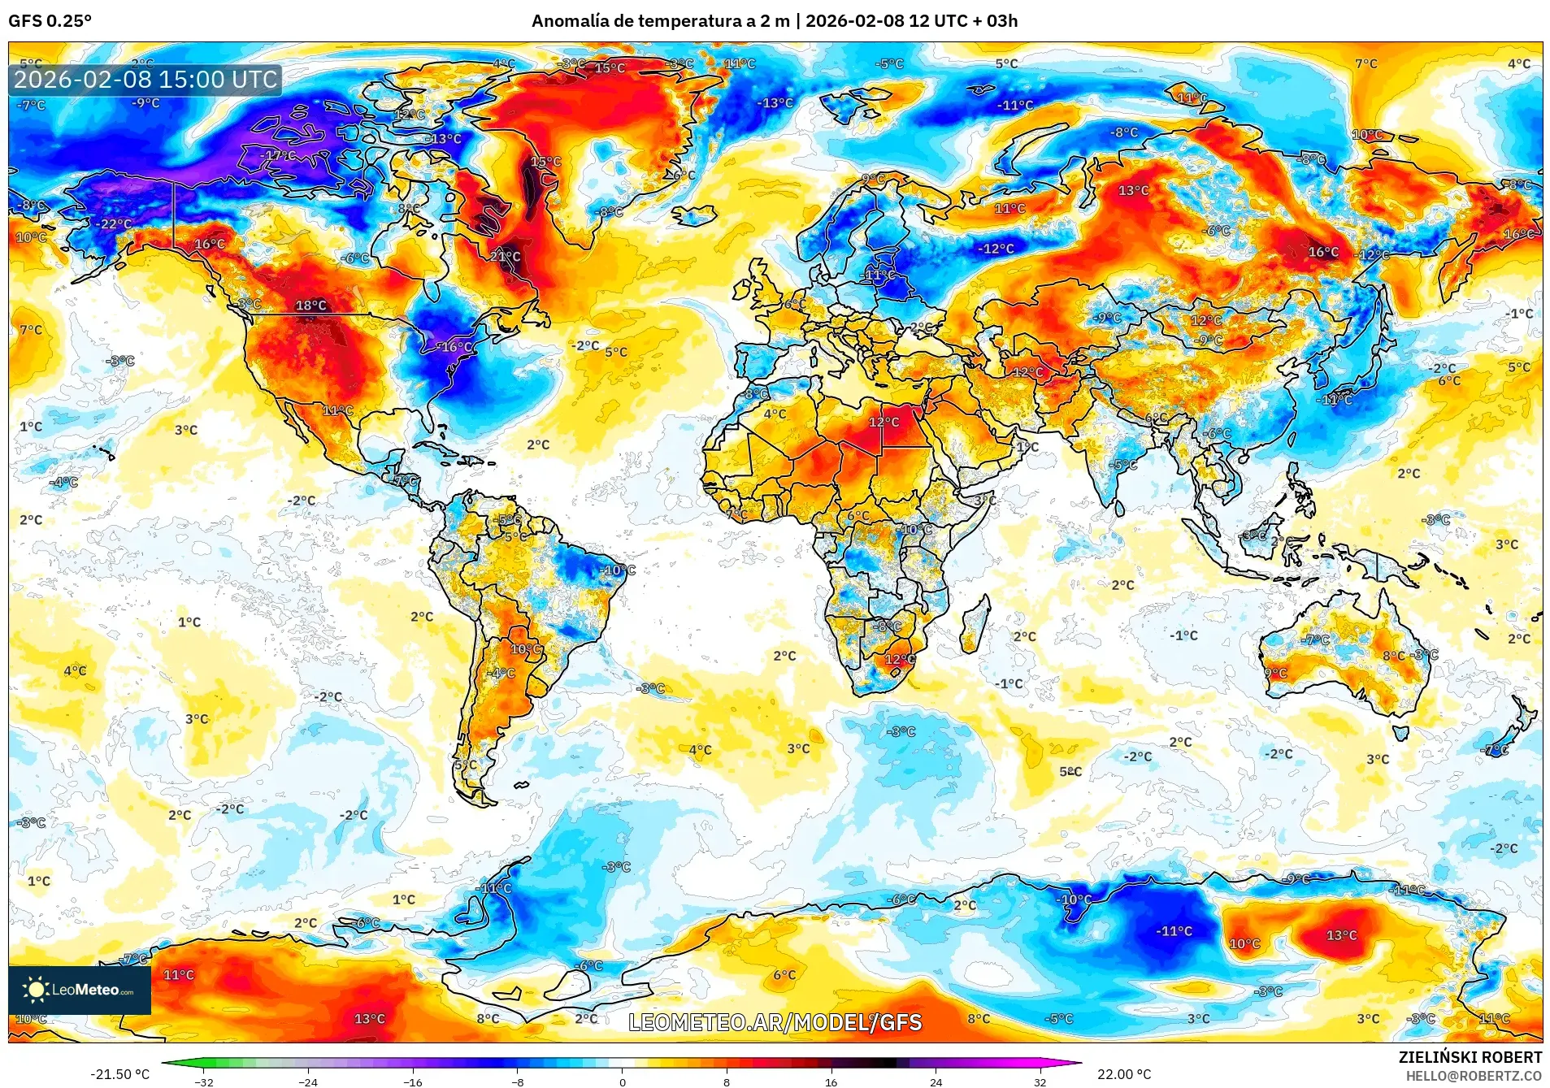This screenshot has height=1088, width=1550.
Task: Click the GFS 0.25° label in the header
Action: click(50, 21)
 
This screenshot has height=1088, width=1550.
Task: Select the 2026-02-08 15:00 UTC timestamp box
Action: click(145, 80)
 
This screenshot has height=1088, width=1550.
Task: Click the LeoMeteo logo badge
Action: click(80, 990)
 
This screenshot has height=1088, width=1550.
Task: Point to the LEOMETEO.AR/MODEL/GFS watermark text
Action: click(775, 1022)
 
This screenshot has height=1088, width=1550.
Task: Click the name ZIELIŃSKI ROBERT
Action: click(1470, 1057)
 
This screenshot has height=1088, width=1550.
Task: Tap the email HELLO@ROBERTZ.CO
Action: click(1474, 1076)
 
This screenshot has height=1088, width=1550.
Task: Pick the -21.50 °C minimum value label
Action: click(119, 1074)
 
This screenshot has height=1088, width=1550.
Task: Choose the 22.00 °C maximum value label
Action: click(1124, 1074)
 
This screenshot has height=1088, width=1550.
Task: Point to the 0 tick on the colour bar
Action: click(623, 1081)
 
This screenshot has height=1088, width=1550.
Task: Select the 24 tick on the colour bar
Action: click(936, 1081)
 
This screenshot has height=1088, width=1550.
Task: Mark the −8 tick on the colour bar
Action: click(518, 1081)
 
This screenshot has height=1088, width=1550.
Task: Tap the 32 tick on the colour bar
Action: click(1040, 1081)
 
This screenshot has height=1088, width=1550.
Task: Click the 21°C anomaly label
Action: click(505, 257)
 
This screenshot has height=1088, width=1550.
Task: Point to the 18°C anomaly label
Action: click(310, 306)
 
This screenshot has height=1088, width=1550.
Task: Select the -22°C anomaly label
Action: click(114, 224)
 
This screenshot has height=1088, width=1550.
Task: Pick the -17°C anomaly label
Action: click(279, 155)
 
